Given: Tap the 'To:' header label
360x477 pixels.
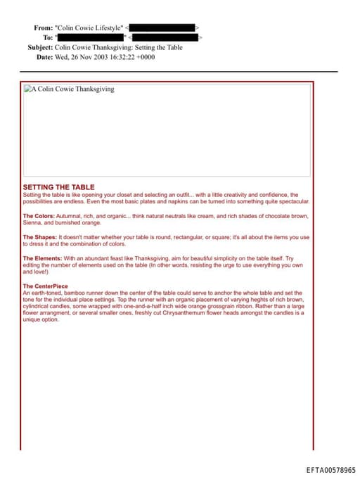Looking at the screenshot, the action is [x=48, y=37].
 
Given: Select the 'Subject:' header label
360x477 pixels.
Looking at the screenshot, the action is [x=40, y=47].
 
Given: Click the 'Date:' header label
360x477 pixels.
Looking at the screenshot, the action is [x=44, y=56].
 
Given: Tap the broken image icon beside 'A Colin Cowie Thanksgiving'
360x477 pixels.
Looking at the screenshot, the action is [x=27, y=89].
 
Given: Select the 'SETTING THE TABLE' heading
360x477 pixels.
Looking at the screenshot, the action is [x=58, y=187].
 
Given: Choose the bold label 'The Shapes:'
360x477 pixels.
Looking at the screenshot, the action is [x=40, y=237].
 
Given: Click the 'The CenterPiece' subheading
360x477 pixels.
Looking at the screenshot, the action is [x=46, y=286].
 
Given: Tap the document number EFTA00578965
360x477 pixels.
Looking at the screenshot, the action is [x=330, y=469].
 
